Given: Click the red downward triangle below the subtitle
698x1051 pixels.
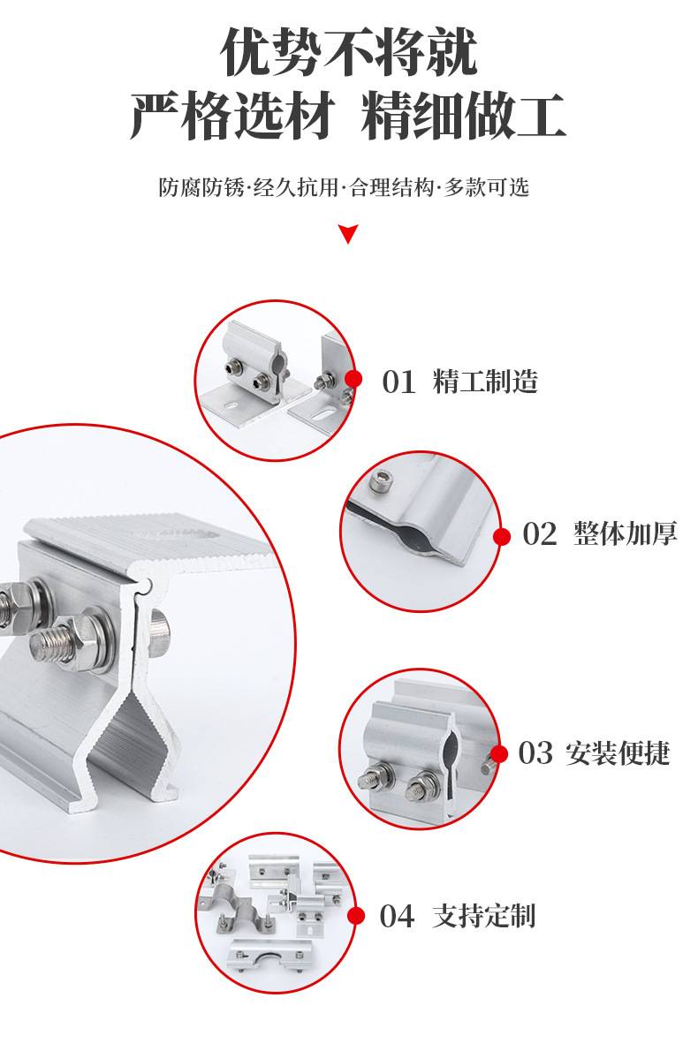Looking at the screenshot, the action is (x=348, y=234).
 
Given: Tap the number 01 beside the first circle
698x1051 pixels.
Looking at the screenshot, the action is (x=398, y=382).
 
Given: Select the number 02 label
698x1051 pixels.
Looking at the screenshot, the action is (x=540, y=535).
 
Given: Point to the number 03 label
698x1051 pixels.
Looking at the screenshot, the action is (x=535, y=753).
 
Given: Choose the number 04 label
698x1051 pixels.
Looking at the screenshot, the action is (x=397, y=916).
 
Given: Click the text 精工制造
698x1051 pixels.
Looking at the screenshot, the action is (x=485, y=382).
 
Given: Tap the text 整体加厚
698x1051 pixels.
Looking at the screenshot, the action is (x=626, y=534).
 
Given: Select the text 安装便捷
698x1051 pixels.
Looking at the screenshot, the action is (x=618, y=753).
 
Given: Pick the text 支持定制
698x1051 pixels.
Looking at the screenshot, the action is (x=484, y=916).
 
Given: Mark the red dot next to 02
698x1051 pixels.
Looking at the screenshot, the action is (x=502, y=536).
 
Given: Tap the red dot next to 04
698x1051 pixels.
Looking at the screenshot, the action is (x=356, y=916).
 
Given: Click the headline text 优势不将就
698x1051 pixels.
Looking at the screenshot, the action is (x=349, y=51).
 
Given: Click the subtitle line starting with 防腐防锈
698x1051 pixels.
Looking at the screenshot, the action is (x=344, y=187).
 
